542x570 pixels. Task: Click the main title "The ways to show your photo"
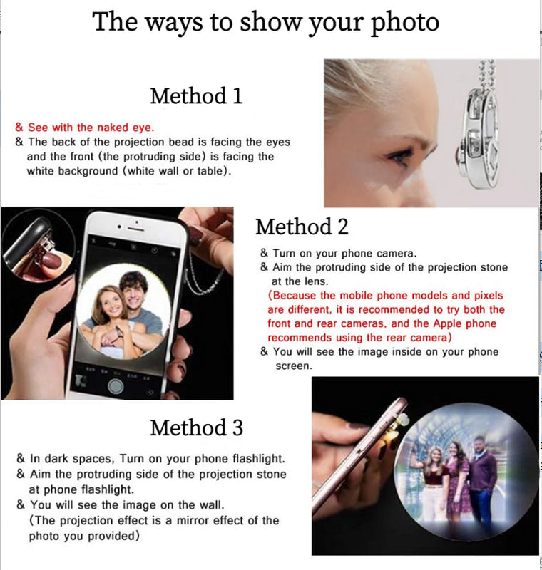265,22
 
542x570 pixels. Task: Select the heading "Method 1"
196,95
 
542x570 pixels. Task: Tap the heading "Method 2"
302,227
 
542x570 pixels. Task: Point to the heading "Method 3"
196,427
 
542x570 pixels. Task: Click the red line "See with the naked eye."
90,128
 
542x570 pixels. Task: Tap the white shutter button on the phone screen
116,385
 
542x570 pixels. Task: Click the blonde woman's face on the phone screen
106,299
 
